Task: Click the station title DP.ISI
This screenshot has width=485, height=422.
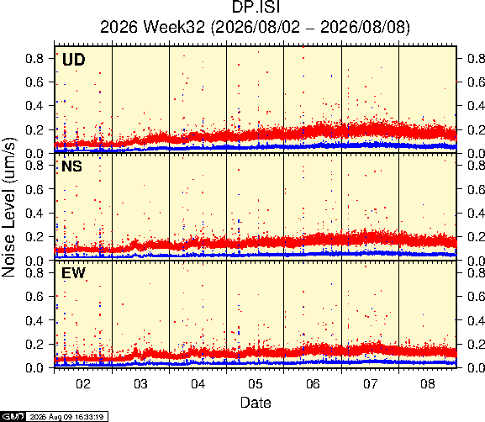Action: click(256, 7)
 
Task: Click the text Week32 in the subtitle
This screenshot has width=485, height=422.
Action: click(174, 27)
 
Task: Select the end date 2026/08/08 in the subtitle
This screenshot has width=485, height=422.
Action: click(362, 27)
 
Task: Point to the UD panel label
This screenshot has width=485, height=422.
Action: click(73, 60)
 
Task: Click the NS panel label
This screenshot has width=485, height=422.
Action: click(71, 166)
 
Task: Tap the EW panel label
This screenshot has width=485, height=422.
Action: click(73, 273)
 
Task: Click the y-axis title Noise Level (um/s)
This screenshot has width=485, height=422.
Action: click(8, 208)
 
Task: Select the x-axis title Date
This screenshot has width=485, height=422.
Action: click(256, 403)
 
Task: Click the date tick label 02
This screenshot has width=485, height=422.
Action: click(83, 384)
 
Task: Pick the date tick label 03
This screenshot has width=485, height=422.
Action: click(140, 384)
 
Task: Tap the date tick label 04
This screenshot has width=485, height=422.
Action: click(198, 384)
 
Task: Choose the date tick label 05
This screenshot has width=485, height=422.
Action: click(256, 384)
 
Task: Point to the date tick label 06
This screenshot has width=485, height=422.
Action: click(313, 384)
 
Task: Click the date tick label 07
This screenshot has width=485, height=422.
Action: click(370, 384)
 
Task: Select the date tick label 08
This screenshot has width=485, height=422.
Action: click(428, 384)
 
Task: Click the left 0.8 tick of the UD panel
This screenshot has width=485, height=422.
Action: click(34, 58)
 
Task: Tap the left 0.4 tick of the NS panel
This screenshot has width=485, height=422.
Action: click(34, 213)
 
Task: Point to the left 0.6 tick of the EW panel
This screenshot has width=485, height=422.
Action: click(34, 297)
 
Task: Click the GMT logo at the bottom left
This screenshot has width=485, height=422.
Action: click(13, 417)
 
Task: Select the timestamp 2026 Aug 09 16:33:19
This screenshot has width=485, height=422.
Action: click(66, 417)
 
